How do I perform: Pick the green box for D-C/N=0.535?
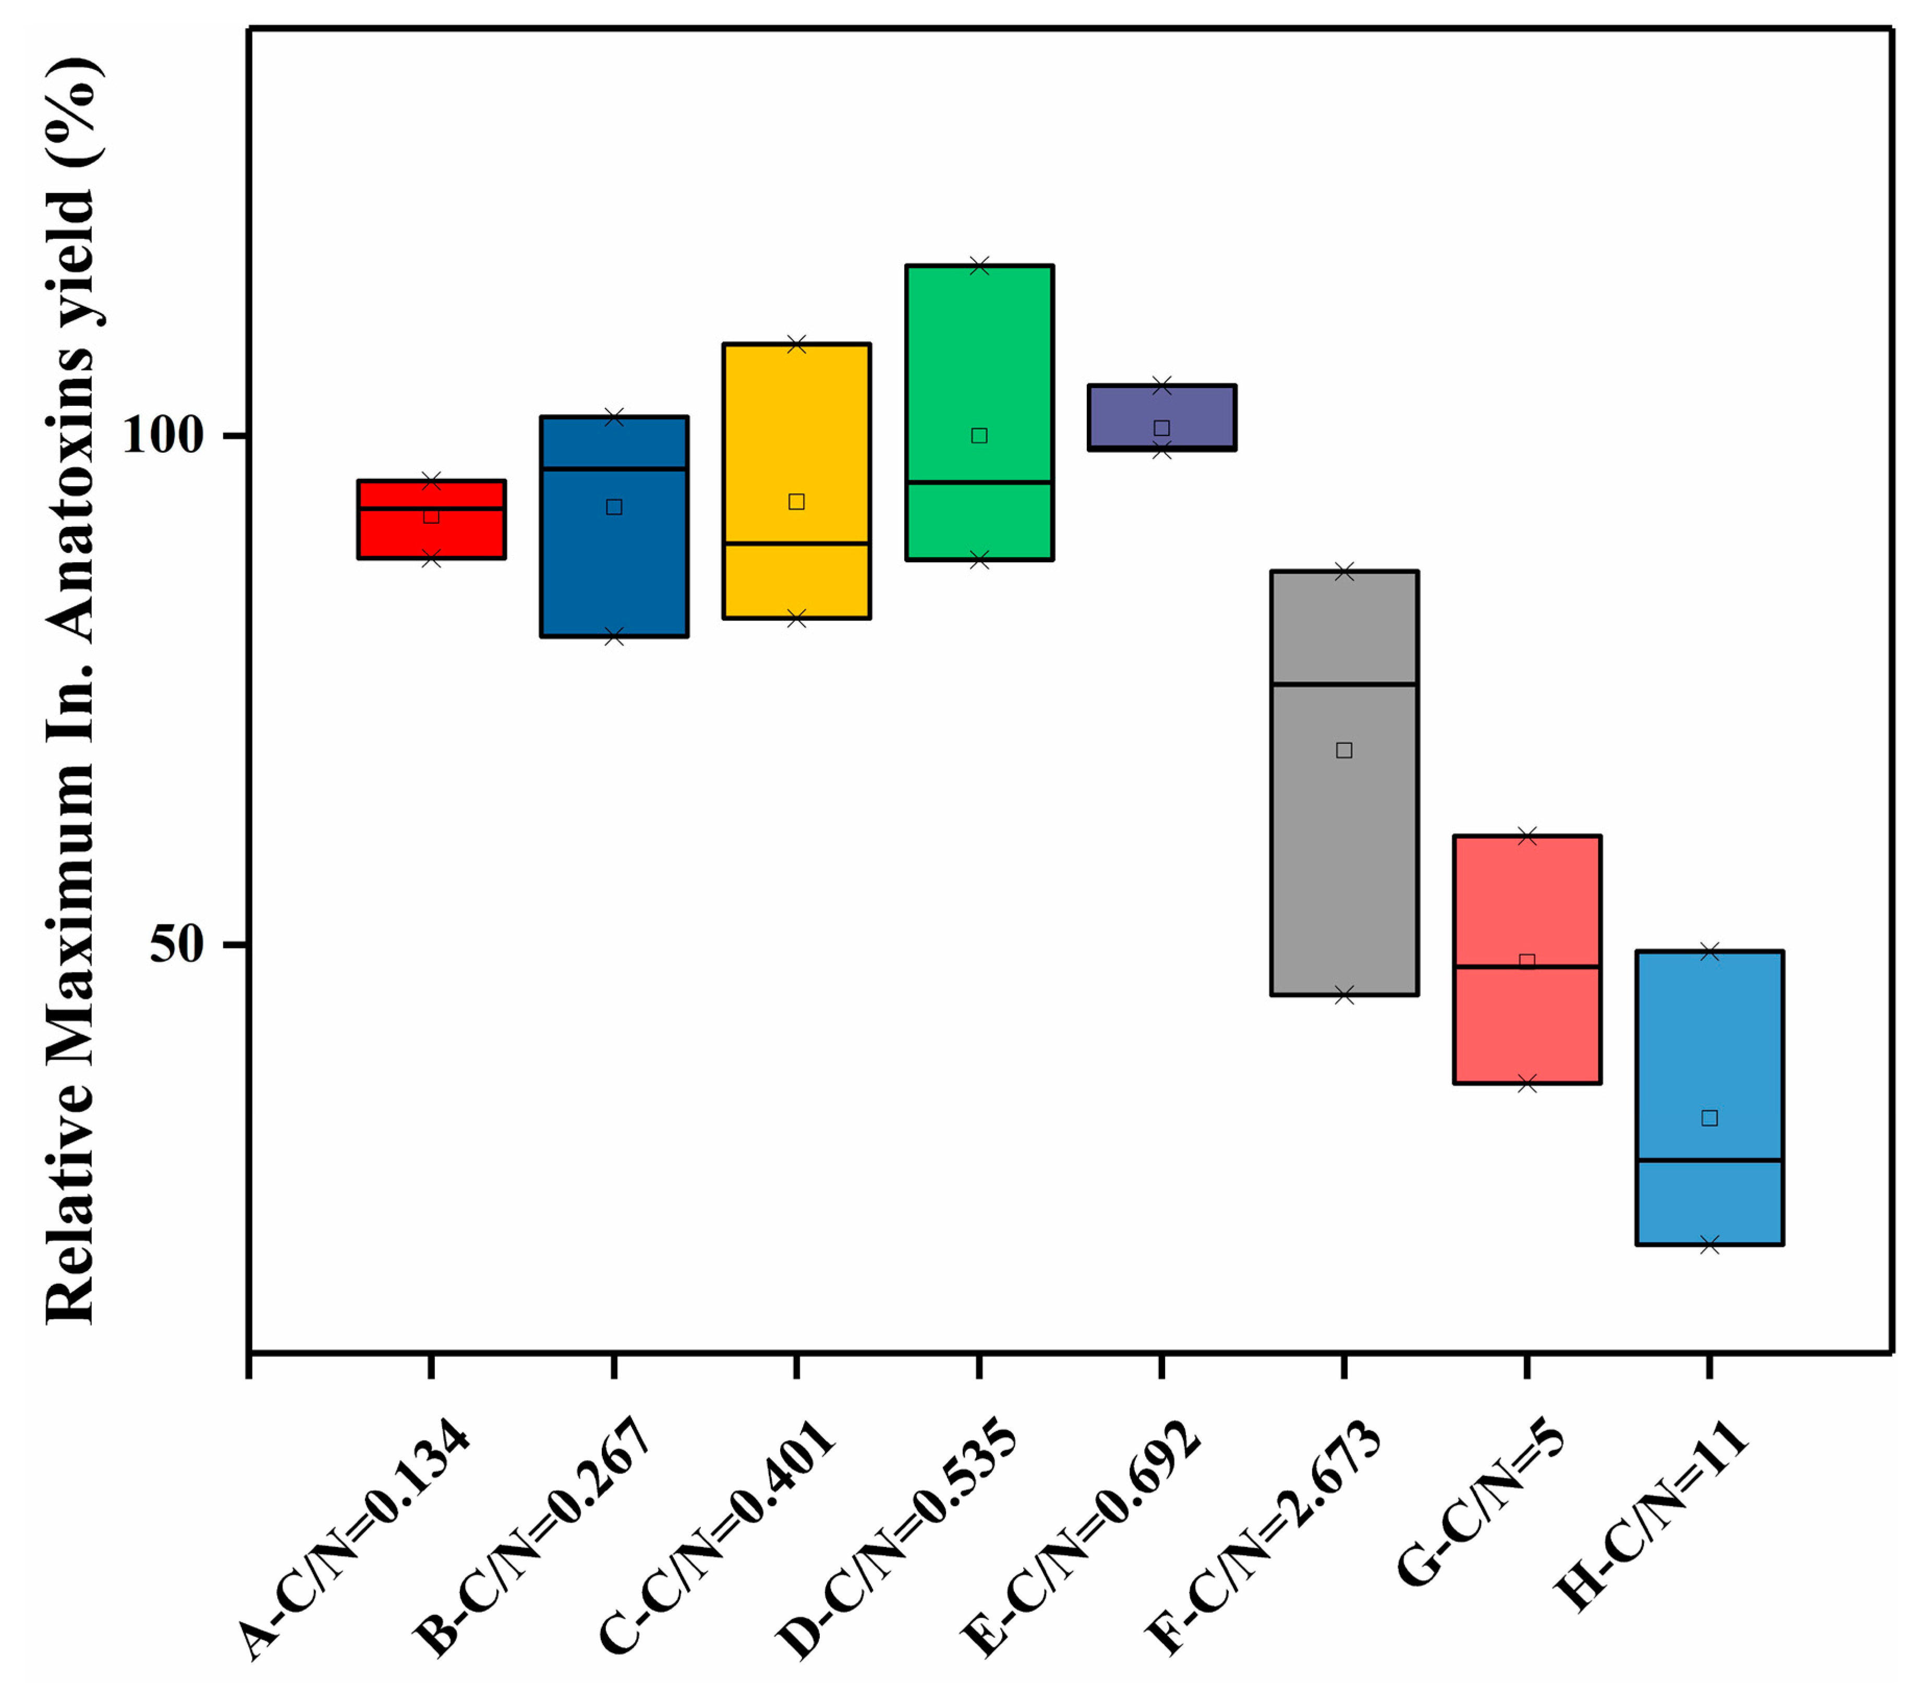[x=979, y=377]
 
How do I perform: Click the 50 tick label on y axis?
[x=177, y=944]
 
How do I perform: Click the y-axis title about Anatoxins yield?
[x=71, y=689]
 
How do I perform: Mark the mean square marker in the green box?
[x=979, y=436]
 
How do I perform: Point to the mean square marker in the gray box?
[x=1344, y=750]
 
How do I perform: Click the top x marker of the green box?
[x=979, y=266]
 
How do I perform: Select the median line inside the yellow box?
[x=796, y=544]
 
